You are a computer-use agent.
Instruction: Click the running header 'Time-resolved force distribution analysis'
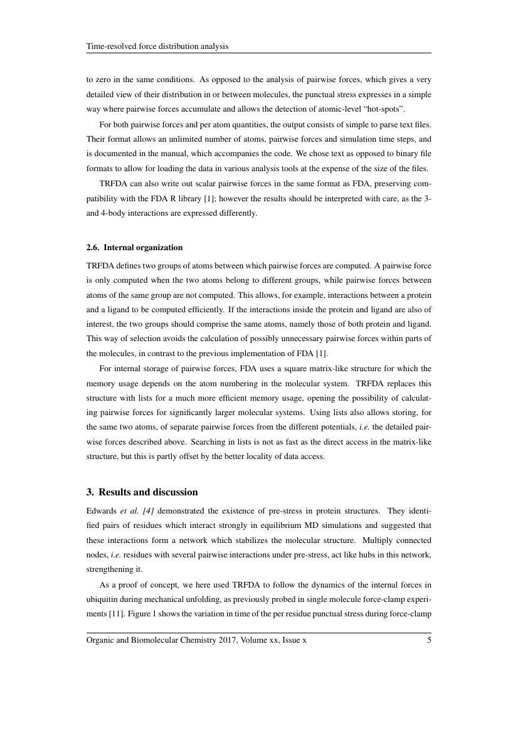[157, 46]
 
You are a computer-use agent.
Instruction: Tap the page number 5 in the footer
[429, 641]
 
